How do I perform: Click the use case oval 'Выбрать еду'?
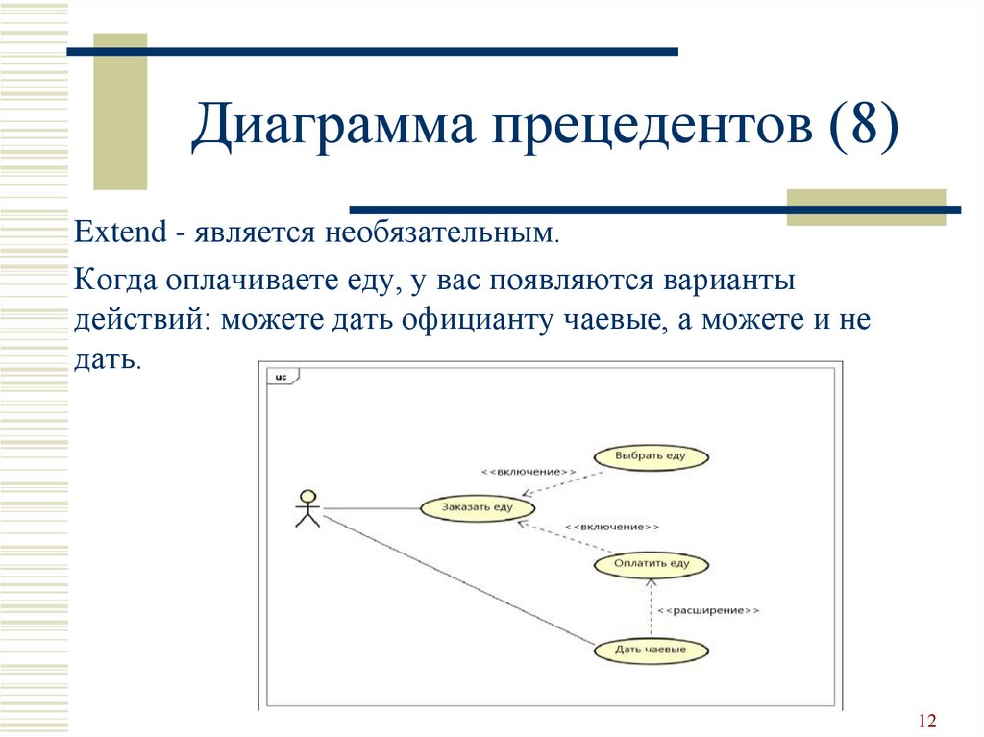(x=651, y=457)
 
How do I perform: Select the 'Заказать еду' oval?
(x=477, y=508)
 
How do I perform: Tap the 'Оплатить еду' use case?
(x=651, y=564)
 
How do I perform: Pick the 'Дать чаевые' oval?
(x=651, y=651)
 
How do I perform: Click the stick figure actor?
(x=307, y=508)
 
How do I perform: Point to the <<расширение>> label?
(x=708, y=610)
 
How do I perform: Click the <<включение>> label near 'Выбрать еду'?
(x=529, y=472)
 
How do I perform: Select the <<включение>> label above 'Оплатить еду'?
(x=612, y=527)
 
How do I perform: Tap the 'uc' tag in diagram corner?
(x=282, y=377)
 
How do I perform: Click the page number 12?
(x=927, y=720)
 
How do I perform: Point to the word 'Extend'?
(x=120, y=232)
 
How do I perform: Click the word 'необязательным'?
(x=441, y=233)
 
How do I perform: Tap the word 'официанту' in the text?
(x=476, y=320)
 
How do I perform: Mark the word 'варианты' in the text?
(x=728, y=280)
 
